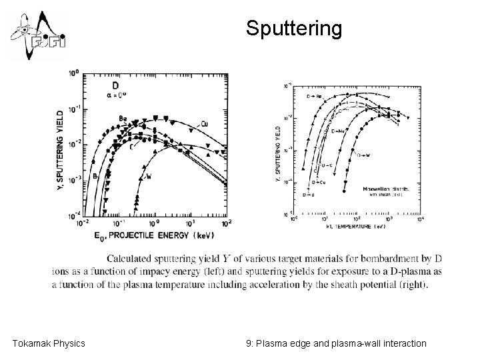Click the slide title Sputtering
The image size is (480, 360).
pos(293,28)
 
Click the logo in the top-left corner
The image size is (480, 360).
pos(36,35)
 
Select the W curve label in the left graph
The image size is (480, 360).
pos(149,177)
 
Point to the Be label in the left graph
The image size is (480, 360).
pos(123,119)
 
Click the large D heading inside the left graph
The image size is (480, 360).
pos(115,86)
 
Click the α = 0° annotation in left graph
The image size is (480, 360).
pos(117,97)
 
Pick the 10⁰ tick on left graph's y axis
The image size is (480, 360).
pos(73,72)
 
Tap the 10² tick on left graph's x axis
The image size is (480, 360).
pos(226,222)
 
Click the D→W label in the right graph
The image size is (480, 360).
pos(363,155)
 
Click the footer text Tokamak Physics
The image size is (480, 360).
pos(49,343)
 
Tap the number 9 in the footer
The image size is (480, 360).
pos(249,343)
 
